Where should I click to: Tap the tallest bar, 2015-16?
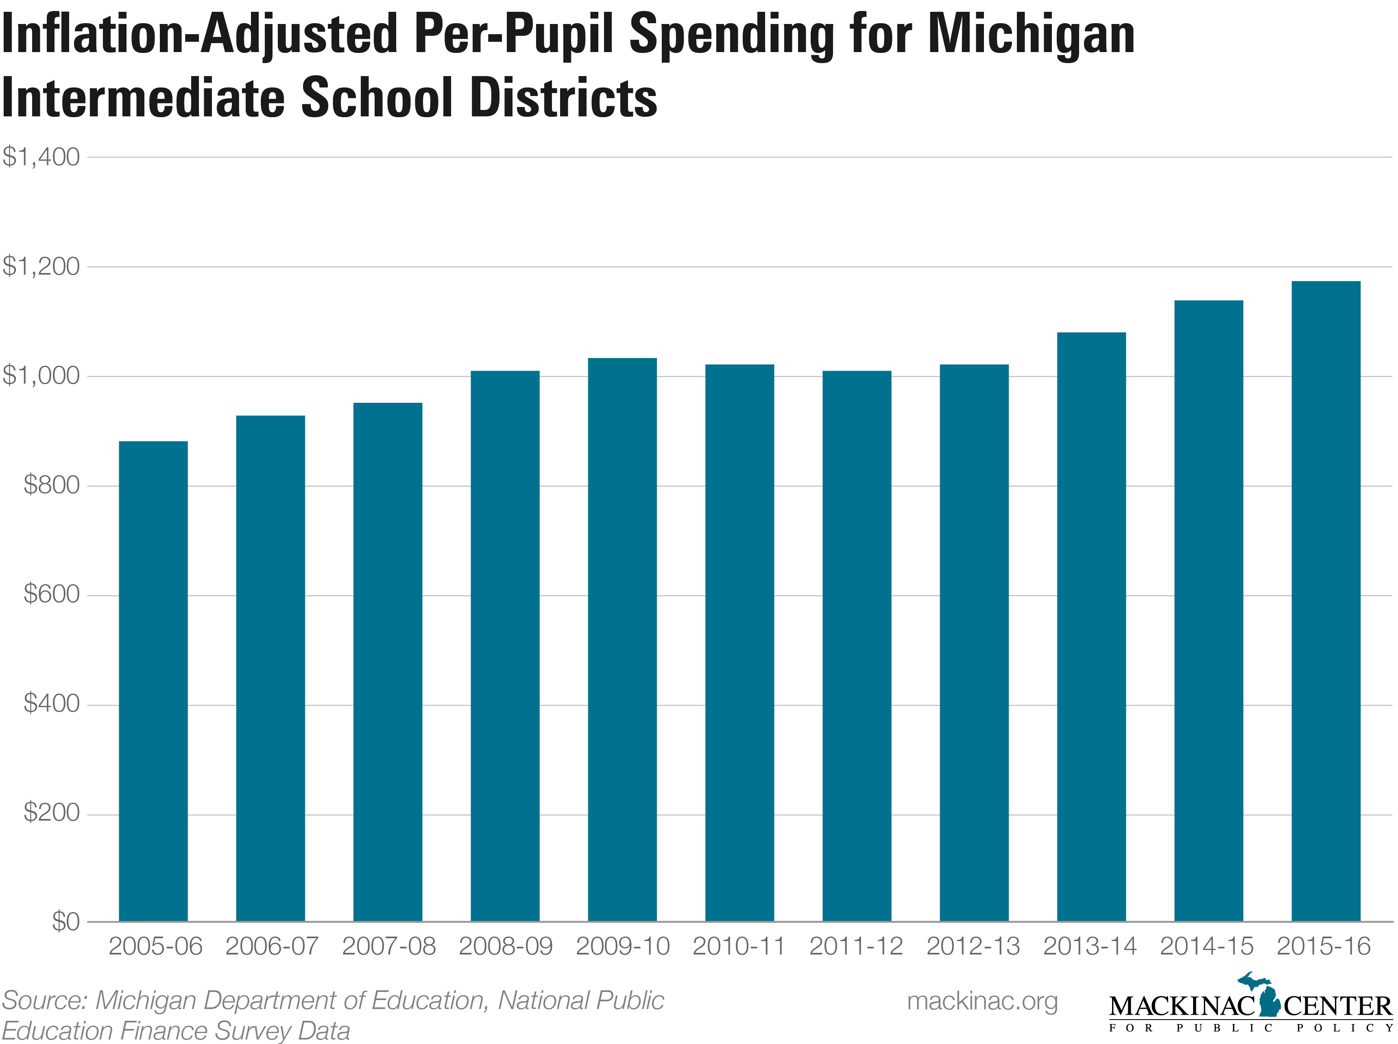1325,601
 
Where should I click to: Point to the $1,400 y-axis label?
41,157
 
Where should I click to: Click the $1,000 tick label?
41,376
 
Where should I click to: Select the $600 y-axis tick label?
51,595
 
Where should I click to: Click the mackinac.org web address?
982,1001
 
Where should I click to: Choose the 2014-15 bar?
1208,610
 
